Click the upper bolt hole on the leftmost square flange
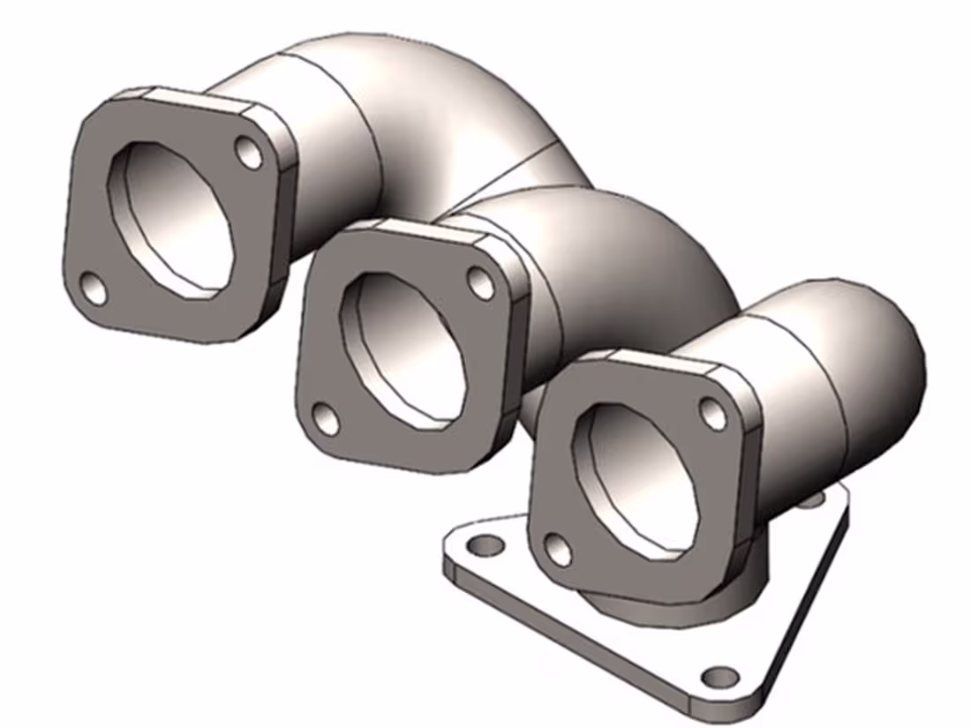tap(250, 154)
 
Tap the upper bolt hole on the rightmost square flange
tap(713, 413)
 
